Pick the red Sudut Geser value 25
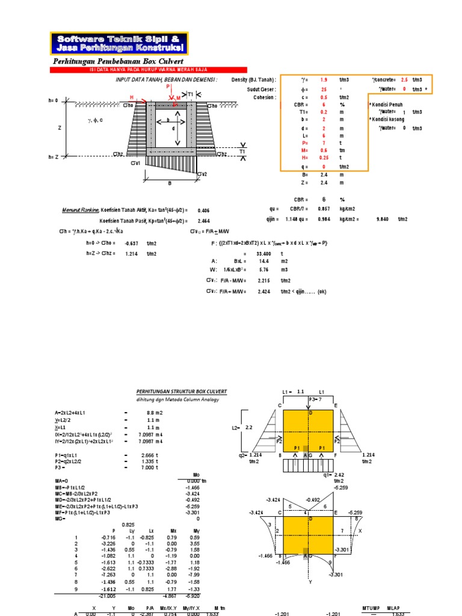pos(324,89)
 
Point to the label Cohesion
pos(265,97)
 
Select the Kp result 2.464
pos(204,221)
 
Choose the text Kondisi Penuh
pos(386,105)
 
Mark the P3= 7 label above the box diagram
pos(316,399)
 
